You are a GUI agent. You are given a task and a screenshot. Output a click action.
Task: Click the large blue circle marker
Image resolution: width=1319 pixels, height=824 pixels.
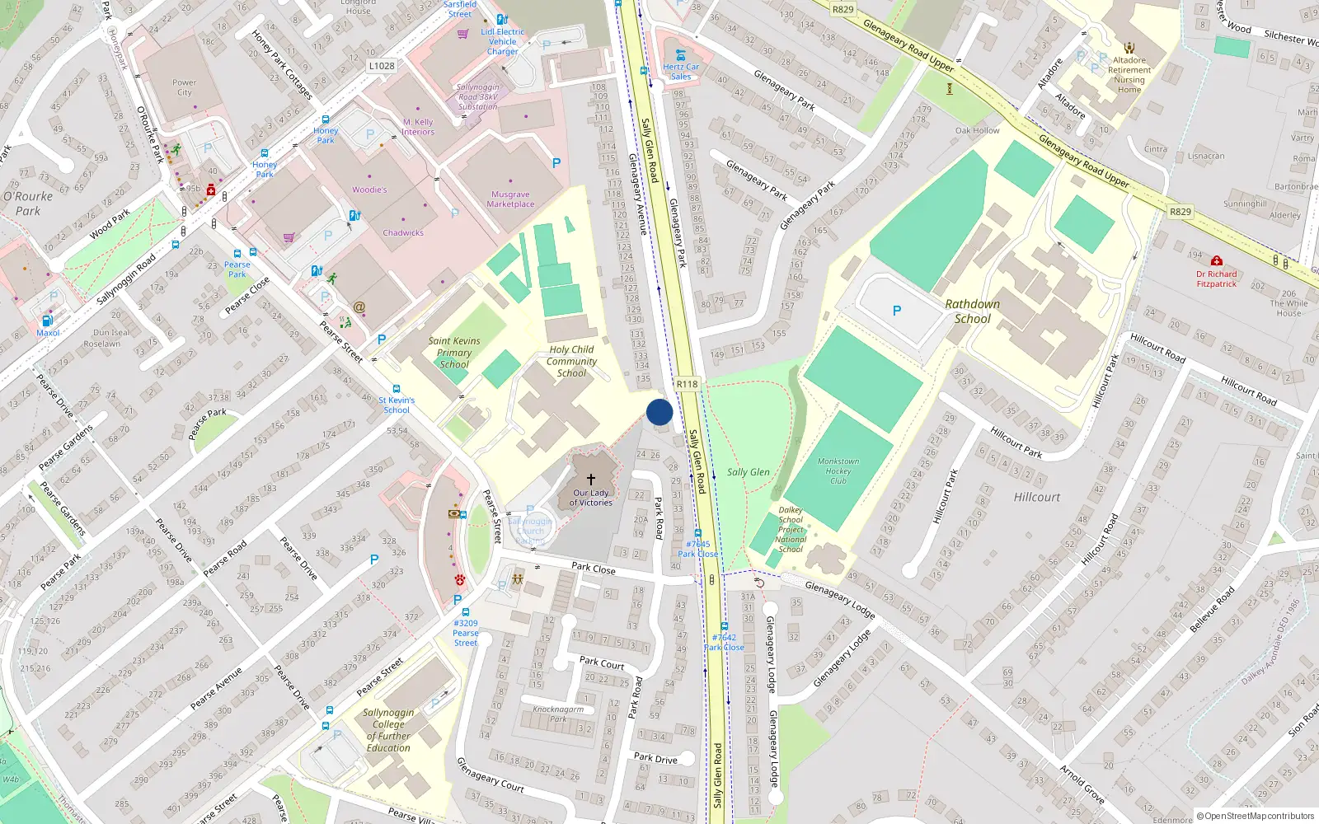click(x=659, y=412)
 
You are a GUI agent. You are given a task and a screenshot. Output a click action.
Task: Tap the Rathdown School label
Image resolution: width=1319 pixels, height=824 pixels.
click(x=973, y=311)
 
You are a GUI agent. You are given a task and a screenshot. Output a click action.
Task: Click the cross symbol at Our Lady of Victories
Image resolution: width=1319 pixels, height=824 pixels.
click(x=591, y=479)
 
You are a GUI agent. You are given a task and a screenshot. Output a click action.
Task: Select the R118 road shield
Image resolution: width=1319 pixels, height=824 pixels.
click(x=687, y=384)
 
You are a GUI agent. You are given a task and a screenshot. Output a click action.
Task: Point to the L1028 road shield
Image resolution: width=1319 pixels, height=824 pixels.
click(x=382, y=66)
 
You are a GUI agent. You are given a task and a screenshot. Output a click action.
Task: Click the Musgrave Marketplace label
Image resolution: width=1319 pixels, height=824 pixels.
click(x=510, y=199)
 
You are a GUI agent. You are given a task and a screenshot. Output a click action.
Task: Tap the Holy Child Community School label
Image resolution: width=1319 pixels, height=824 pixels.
click(x=571, y=361)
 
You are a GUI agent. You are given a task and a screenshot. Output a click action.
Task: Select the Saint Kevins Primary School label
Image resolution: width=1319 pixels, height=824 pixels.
click(x=454, y=352)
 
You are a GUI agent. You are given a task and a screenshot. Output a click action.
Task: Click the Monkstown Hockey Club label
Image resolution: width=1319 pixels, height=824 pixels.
click(x=838, y=471)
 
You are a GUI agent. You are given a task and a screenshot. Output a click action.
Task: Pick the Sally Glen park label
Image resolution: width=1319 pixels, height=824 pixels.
click(x=749, y=472)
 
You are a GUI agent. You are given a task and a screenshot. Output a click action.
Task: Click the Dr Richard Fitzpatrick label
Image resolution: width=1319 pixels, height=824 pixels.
click(x=1217, y=279)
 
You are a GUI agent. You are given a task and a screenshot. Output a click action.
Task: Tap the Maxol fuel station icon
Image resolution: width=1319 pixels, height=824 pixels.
click(x=48, y=321)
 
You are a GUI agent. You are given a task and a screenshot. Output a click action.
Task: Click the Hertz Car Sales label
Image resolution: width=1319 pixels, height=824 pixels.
click(x=681, y=72)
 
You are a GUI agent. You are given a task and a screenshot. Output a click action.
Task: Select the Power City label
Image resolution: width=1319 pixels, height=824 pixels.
click(x=185, y=87)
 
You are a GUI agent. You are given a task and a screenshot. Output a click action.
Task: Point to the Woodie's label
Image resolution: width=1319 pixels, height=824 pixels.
click(x=369, y=190)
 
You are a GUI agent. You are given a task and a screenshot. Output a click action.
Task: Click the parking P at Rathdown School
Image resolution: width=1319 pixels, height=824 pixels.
click(x=897, y=311)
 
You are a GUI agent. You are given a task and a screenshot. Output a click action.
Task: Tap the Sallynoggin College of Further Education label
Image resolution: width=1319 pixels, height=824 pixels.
click(x=388, y=730)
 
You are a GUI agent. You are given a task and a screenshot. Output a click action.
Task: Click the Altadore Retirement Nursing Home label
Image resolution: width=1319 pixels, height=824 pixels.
click(x=1129, y=74)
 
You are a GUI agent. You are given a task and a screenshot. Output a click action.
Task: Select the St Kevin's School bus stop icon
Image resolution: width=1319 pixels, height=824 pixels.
click(x=397, y=389)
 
